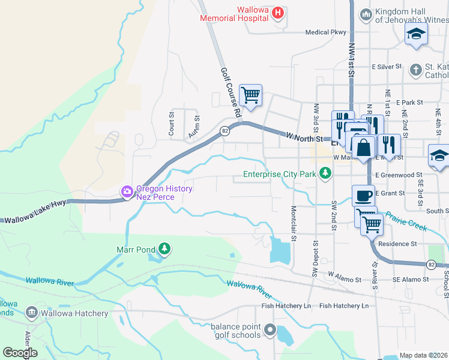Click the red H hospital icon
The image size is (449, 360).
278,13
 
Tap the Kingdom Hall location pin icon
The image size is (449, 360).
366,14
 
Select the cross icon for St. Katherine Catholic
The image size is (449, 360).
415,70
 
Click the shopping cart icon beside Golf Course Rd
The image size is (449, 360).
250,95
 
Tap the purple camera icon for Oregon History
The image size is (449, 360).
127,192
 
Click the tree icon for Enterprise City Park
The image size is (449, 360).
325,174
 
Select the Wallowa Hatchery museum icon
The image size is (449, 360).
31,313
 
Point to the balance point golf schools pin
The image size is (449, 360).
270,329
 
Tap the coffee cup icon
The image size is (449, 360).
363,196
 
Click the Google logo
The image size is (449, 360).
20,352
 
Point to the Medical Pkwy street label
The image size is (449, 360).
326,32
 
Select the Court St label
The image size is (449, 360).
172,123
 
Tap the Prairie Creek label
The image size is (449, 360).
406,221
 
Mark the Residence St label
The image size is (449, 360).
397,244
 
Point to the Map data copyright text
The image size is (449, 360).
423,355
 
